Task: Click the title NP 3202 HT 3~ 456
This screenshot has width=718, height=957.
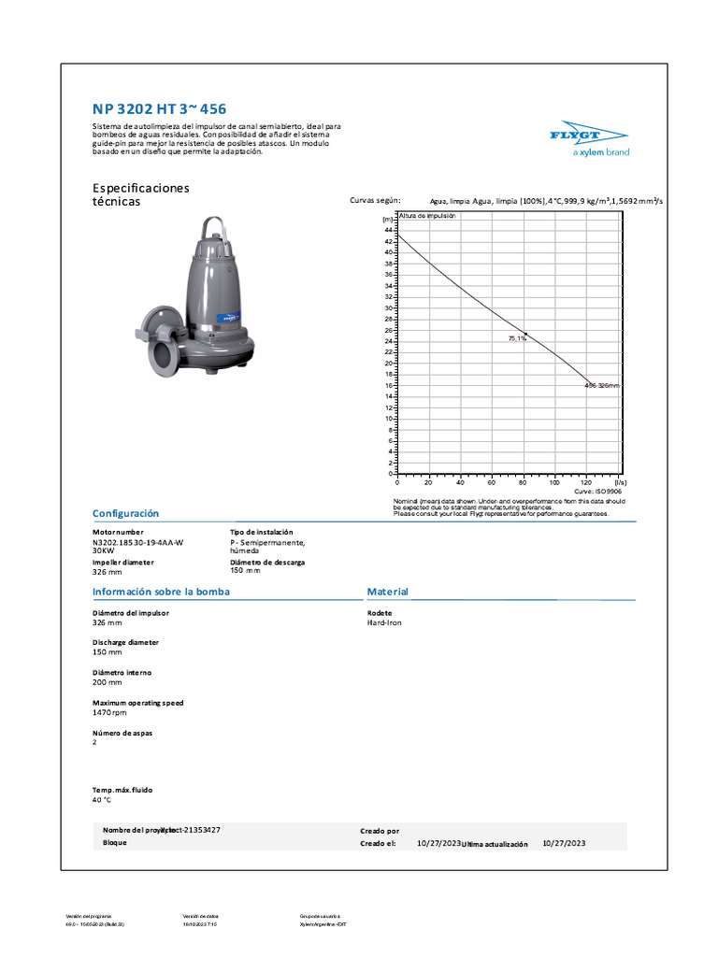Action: tap(159, 109)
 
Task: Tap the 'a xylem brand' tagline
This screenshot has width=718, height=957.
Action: tap(600, 152)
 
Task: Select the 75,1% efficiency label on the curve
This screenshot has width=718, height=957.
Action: tap(517, 338)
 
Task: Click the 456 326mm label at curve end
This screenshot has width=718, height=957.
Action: tap(601, 385)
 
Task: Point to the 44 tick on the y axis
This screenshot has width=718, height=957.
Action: tap(388, 230)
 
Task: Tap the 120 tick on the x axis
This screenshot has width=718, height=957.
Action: tap(586, 482)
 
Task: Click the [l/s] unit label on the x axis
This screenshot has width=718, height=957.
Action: tap(620, 482)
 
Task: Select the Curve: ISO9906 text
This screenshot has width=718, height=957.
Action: tap(597, 491)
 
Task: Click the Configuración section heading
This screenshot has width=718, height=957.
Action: tap(125, 514)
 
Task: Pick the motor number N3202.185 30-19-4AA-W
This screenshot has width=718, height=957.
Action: tap(137, 542)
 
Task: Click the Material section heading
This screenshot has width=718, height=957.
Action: tap(387, 593)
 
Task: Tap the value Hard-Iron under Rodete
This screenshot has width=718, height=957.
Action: tap(384, 622)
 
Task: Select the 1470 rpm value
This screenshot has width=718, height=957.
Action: tap(109, 712)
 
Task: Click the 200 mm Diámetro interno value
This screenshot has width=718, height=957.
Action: tap(107, 682)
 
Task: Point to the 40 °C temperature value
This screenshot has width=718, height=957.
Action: tap(102, 800)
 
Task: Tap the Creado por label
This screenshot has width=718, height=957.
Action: tap(380, 830)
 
